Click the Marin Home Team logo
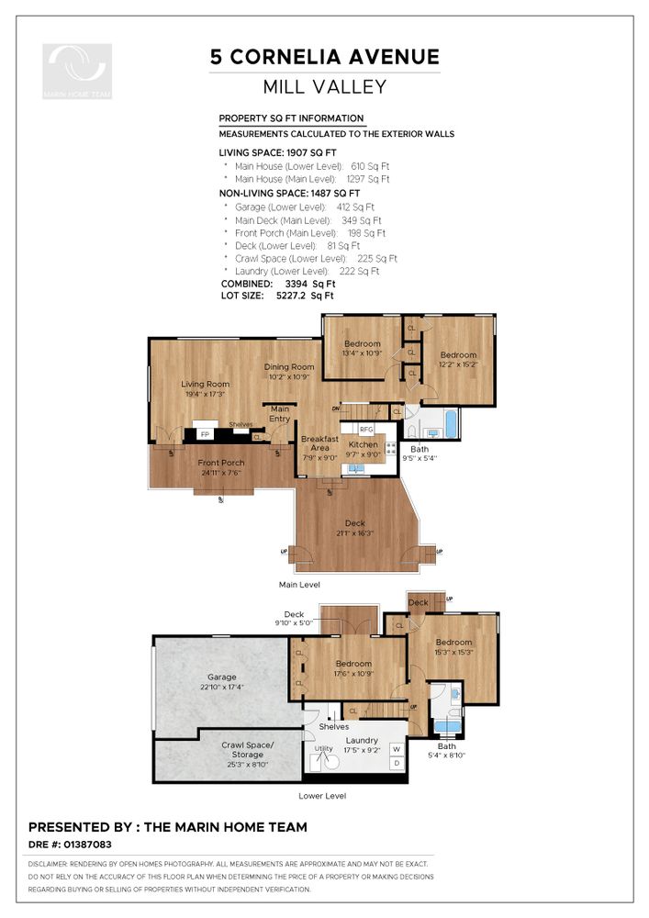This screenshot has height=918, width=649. [x=77, y=71]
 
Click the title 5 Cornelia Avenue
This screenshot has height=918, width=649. [x=325, y=57]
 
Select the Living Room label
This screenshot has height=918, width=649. [x=205, y=384]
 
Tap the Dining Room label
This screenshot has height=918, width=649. [x=289, y=367]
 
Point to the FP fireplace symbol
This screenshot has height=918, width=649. [x=205, y=434]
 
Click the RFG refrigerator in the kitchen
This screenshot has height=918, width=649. [x=366, y=429]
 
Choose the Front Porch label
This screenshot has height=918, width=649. [x=221, y=463]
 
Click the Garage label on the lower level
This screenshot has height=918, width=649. [x=222, y=677]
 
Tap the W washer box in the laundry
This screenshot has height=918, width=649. [x=397, y=749]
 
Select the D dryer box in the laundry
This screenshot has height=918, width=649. [x=397, y=764]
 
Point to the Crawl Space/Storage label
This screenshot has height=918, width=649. [x=248, y=750]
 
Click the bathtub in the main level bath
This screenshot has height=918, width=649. [x=452, y=424]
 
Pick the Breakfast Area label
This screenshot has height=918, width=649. [x=319, y=443]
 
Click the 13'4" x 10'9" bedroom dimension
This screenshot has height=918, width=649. [x=363, y=353]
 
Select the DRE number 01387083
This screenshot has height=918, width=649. [x=87, y=845]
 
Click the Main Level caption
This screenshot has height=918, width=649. [x=299, y=584]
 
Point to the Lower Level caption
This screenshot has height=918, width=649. [x=322, y=796]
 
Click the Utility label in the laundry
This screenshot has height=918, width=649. [x=324, y=748]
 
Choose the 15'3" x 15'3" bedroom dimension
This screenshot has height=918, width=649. [x=454, y=652]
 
